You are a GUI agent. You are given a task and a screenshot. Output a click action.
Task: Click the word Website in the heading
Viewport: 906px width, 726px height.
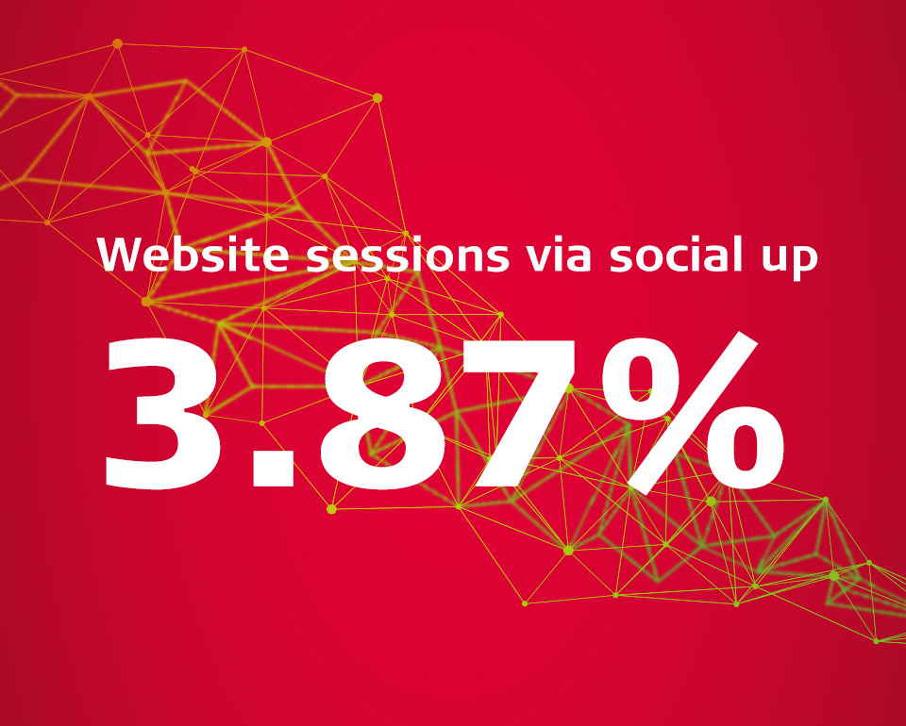pyautogui.click(x=193, y=254)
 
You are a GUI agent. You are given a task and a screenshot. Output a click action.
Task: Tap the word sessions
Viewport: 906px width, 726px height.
pyautogui.click(x=408, y=256)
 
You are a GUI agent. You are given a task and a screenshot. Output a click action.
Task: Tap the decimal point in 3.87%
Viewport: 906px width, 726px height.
pyautogui.click(x=274, y=465)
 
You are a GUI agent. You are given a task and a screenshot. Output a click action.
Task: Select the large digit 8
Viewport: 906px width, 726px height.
pyautogui.click(x=381, y=413)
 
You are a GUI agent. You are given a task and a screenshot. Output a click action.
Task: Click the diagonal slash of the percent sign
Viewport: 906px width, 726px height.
pyautogui.click(x=693, y=412)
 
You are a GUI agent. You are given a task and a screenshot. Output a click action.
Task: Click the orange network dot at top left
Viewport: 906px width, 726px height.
pyautogui.click(x=117, y=43)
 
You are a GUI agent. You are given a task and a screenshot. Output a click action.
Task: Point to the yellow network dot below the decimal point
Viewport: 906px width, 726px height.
pyautogui.click(x=331, y=508)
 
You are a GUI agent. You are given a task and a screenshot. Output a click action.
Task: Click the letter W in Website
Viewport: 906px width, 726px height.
pyautogui.click(x=122, y=254)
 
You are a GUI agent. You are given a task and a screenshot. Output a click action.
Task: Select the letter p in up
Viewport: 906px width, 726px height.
pyautogui.click(x=804, y=261)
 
